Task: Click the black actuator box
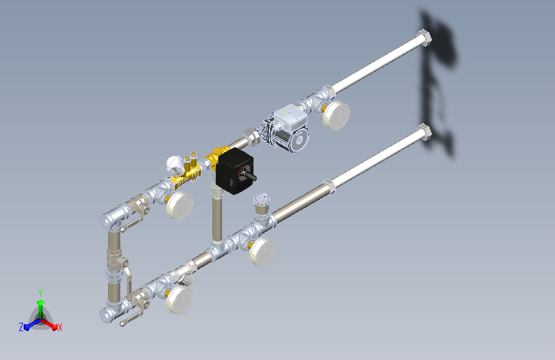(235, 171)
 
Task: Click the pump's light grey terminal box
(290, 117)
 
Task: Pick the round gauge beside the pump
(336, 115)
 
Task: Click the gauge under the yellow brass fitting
(180, 206)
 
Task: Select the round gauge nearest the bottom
(179, 300)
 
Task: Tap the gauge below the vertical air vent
(262, 252)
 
